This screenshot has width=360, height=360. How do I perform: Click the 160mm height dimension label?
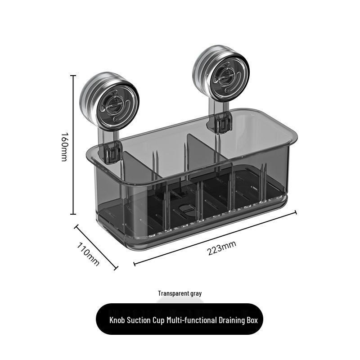pos(64,147)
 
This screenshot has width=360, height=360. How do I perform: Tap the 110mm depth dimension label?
pos(88,254)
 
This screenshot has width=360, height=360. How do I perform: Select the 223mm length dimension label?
pos(222,248)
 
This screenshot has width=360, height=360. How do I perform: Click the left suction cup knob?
pos(109,100)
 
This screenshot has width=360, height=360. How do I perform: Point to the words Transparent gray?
pos(180,293)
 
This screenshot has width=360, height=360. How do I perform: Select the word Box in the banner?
pos(252,320)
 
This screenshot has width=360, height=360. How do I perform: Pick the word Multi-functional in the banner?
pos(192,320)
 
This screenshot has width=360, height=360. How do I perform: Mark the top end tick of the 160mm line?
pos(73,75)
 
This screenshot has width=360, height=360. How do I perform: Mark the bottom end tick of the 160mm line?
pos(73,214)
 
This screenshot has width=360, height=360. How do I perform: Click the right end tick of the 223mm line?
pos(296,212)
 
